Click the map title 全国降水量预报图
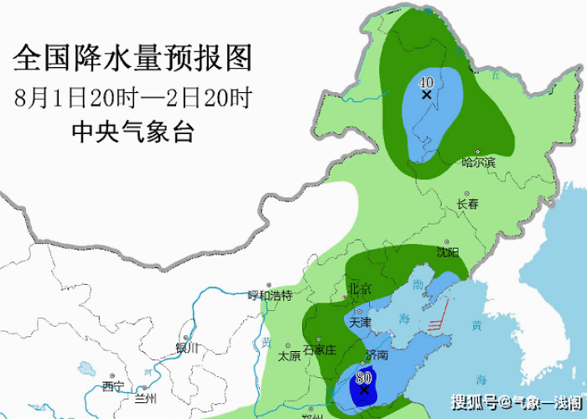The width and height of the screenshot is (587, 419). (132, 58)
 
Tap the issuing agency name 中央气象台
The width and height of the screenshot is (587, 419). (132, 131)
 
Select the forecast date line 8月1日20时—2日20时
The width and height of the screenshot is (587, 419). (132, 97)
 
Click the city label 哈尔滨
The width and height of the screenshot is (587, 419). (478, 162)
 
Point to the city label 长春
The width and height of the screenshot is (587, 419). (468, 204)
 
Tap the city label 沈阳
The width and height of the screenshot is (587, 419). (448, 251)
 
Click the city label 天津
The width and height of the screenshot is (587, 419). (360, 321)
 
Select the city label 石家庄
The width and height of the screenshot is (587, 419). (319, 349)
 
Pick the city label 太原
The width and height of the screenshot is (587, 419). (289, 355)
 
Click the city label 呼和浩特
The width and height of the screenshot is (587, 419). (269, 295)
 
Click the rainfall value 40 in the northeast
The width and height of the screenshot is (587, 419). (425, 82)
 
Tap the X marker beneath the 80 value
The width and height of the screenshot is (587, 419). (364, 390)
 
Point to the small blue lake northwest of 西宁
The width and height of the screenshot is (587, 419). (86, 368)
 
